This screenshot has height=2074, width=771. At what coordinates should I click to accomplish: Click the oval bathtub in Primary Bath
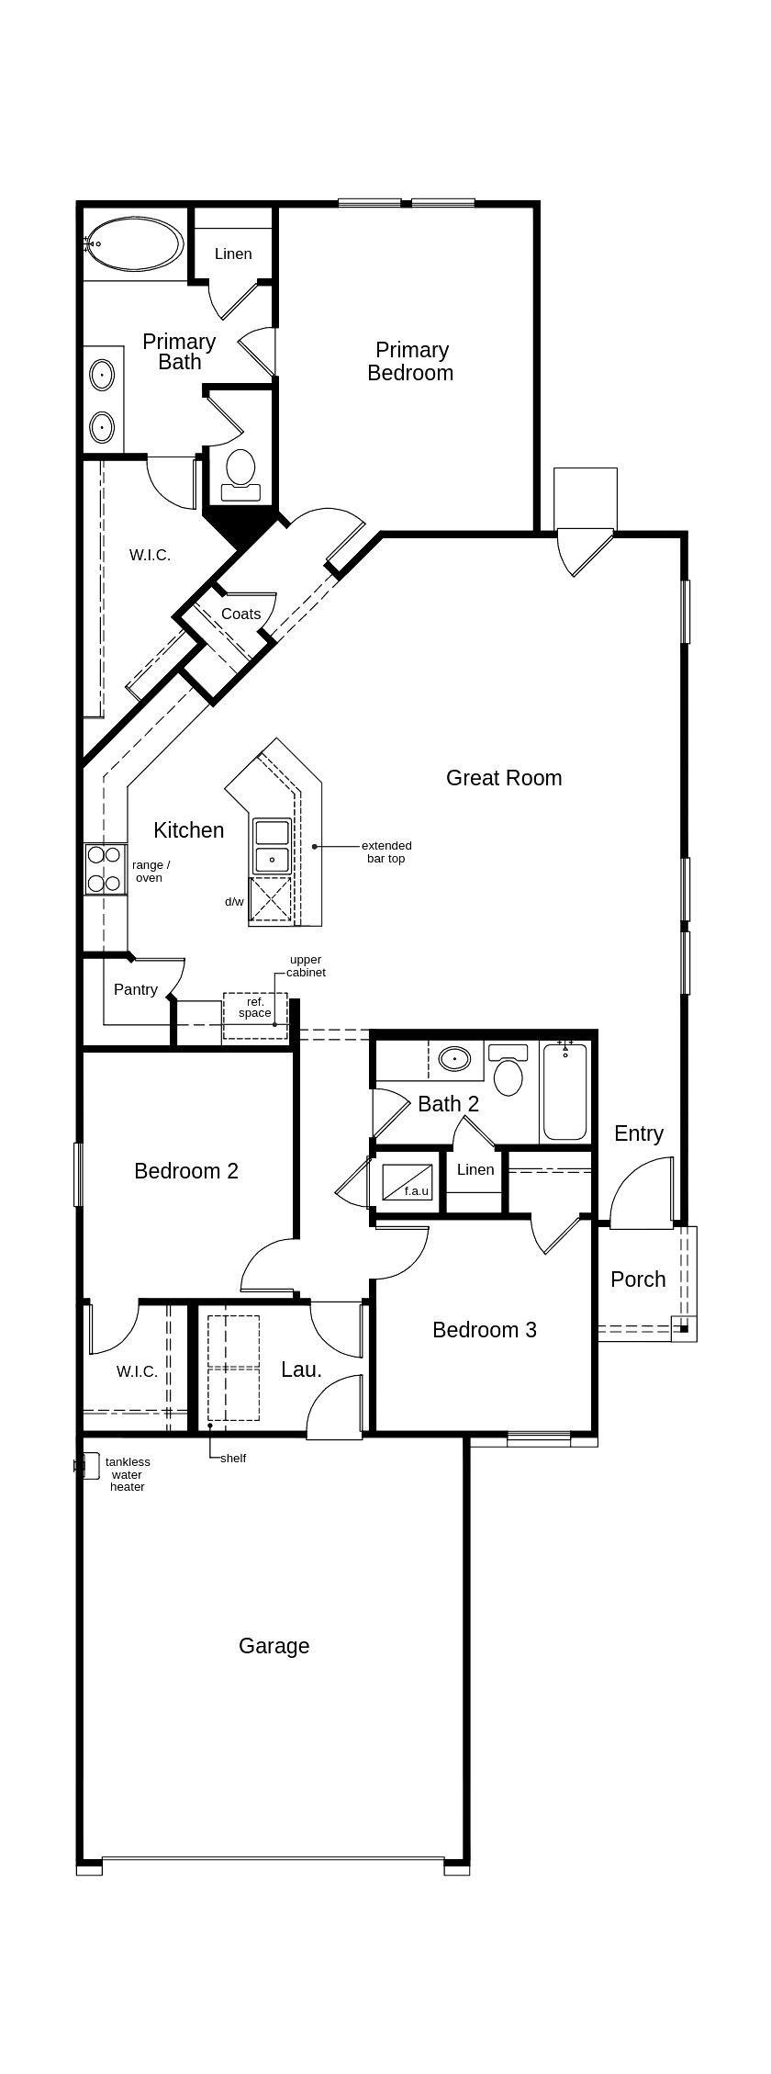coord(135,243)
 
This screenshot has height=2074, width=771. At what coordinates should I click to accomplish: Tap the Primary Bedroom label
coord(411,361)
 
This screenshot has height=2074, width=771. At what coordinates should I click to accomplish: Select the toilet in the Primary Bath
coord(240,471)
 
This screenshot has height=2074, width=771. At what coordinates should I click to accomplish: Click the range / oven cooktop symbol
coord(105,869)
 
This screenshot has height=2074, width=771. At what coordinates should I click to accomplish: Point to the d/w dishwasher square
coord(272,898)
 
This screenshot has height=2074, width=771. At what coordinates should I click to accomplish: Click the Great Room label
coord(503,778)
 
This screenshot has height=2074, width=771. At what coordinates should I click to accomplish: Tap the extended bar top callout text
coord(385,851)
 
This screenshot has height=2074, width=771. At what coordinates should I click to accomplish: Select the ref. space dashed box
coord(255,1015)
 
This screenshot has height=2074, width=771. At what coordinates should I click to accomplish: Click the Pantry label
coord(136,989)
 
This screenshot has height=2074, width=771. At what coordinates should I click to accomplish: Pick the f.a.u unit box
coord(407,1181)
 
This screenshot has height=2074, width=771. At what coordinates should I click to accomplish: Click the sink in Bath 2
coord(454,1059)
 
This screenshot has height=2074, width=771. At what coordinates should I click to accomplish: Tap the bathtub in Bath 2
coord(564,1093)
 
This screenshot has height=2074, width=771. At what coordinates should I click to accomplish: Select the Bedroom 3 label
coord(484,1329)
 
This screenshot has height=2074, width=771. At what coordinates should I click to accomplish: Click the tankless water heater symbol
coord(89,1465)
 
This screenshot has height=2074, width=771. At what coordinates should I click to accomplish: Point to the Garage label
coord(274,1645)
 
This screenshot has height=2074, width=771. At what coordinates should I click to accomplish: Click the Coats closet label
coord(240,614)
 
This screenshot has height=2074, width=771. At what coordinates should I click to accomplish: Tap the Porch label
coord(638,1279)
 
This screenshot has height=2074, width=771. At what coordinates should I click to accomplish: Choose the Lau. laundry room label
coord(301,1370)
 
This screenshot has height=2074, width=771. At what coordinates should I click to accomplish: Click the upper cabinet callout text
coord(306,965)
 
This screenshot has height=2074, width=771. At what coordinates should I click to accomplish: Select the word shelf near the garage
coord(233,1458)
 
